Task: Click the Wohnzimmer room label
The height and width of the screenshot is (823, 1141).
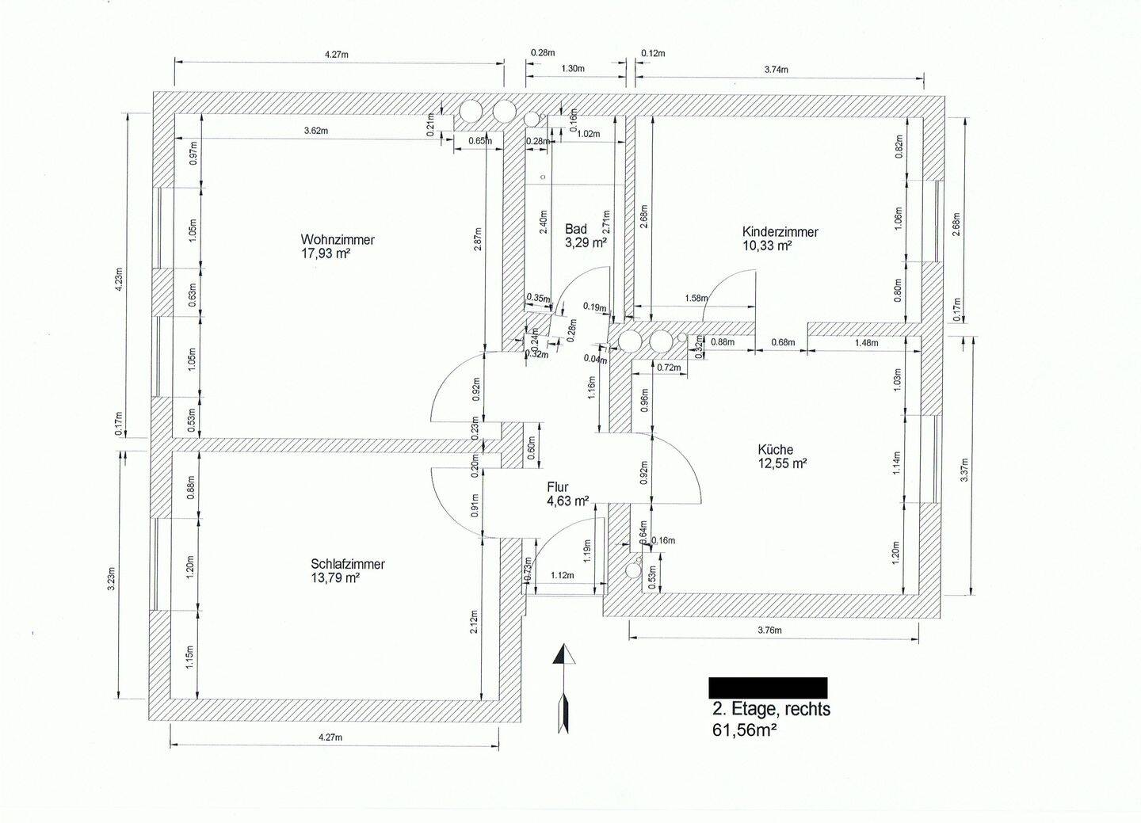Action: pos(338,239)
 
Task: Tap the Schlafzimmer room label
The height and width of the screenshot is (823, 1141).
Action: pos(348,564)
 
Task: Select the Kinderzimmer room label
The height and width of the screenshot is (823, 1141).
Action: pos(780,232)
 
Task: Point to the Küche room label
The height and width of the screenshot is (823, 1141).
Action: pos(774,449)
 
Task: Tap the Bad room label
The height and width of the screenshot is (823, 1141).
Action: pos(576,229)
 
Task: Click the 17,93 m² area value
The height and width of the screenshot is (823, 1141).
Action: pos(326,253)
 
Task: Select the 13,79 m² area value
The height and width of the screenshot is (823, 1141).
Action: pos(336,578)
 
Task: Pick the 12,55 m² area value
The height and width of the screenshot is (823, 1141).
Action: pos(781,463)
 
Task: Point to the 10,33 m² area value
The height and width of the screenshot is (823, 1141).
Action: pos(767,246)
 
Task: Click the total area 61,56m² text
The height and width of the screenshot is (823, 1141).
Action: pos(744,729)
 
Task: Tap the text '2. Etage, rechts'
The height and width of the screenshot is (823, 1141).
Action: pos(771,709)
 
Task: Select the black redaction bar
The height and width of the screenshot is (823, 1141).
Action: pos(767,687)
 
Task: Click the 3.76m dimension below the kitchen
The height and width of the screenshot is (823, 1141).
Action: pos(769,631)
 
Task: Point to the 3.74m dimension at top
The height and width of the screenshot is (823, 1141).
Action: pos(776,70)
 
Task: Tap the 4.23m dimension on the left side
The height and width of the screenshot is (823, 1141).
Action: pos(120,278)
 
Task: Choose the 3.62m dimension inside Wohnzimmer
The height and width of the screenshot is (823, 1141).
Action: pos(315,131)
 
